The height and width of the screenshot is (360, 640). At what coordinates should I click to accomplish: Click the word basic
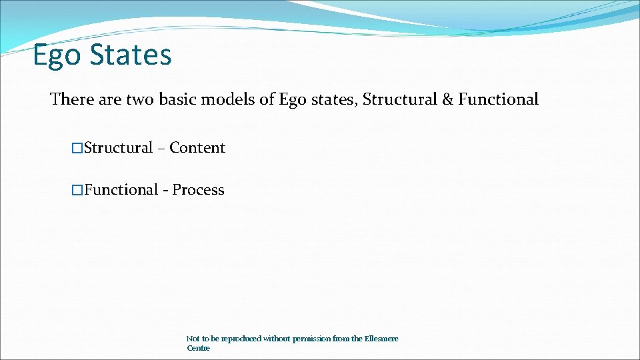pos(183,99)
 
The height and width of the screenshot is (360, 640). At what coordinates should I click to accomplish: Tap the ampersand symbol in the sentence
pos(447,99)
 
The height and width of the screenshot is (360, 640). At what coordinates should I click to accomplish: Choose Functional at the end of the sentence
pos(498,99)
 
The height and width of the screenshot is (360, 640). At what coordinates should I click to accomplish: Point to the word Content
pos(197,148)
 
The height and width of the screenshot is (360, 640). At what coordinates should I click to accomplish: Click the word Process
pos(199,190)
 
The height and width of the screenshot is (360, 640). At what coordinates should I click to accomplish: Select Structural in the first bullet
pos(119,148)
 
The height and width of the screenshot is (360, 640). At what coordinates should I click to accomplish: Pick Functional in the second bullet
pos(121,190)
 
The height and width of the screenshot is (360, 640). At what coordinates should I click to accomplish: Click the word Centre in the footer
pos(198,348)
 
